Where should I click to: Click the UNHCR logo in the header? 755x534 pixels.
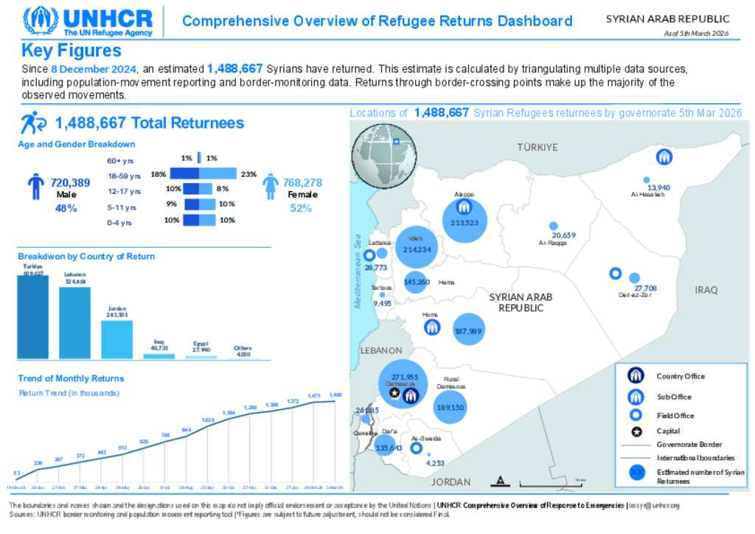(x=88, y=21)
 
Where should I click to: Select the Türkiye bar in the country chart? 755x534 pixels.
(x=32, y=317)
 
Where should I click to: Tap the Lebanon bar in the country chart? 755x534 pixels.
(x=74, y=322)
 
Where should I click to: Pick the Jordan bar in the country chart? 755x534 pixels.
(x=116, y=339)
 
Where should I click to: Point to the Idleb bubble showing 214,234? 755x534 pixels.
(x=417, y=248)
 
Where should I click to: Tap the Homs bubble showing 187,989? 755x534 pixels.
(x=469, y=331)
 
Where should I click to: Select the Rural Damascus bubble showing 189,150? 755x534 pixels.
(x=450, y=406)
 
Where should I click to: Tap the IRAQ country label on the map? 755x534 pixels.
(x=706, y=290)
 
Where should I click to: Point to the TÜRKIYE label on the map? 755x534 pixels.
(x=537, y=148)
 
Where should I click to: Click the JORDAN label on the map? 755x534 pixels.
(x=450, y=482)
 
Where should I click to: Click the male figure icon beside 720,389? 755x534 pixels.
(x=36, y=187)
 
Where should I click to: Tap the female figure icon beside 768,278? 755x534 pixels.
(x=271, y=187)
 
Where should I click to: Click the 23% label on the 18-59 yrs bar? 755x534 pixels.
(x=248, y=175)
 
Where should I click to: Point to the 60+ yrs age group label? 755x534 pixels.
(x=120, y=160)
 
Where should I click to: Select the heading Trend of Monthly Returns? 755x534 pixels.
(x=71, y=378)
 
